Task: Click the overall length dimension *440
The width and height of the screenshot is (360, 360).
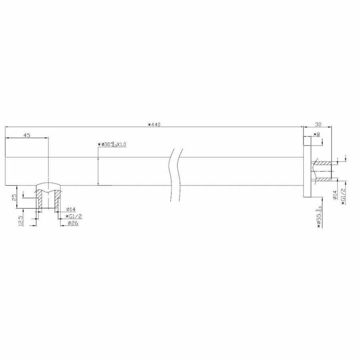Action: click(x=154, y=124)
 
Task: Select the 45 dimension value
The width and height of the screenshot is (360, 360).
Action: click(x=27, y=135)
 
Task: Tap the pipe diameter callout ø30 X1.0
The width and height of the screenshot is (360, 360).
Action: click(x=112, y=145)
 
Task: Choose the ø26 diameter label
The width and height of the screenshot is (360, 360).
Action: click(x=72, y=223)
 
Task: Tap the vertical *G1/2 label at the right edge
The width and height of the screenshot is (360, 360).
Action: click(x=343, y=197)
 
